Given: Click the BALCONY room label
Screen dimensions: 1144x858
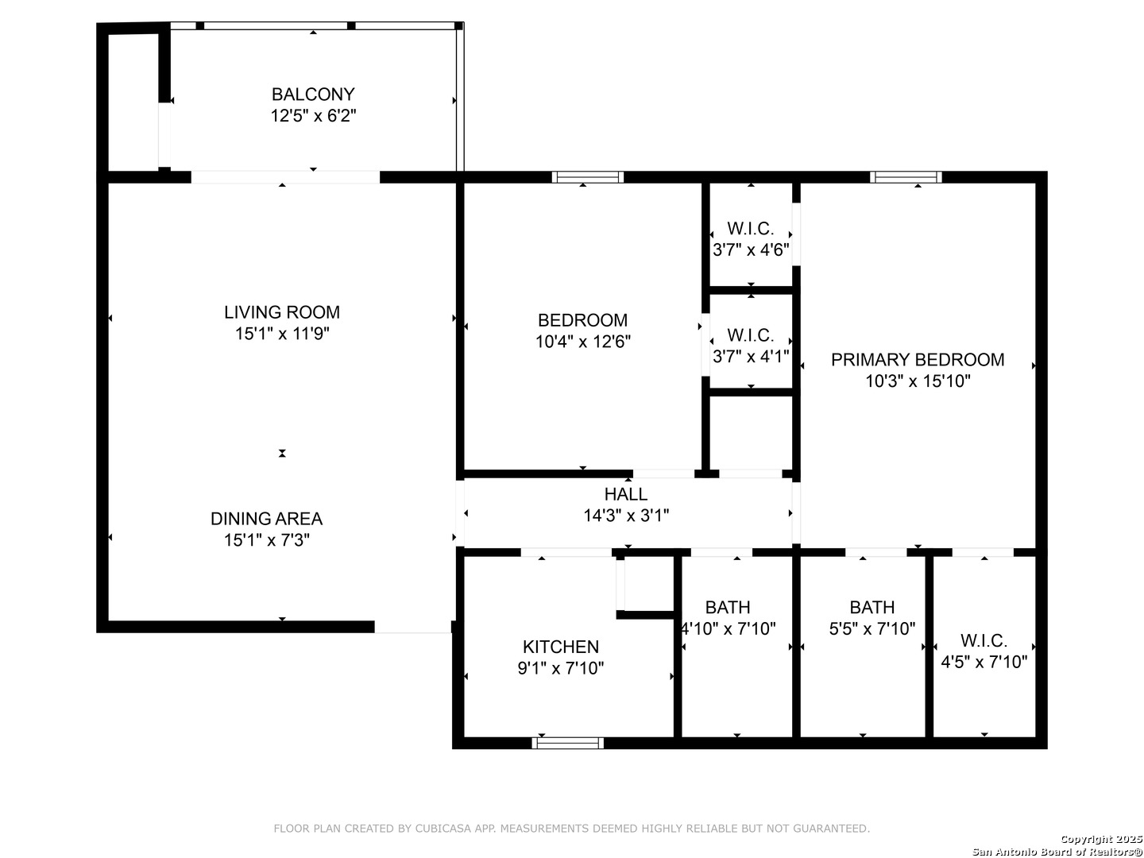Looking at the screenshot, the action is (x=313, y=95).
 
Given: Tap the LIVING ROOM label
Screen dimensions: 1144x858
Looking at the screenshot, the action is (x=282, y=312).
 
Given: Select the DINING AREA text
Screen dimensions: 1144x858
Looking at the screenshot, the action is (x=266, y=518).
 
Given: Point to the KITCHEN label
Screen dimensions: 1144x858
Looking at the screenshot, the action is (x=560, y=647).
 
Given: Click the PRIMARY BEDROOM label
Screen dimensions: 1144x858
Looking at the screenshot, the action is (x=918, y=359).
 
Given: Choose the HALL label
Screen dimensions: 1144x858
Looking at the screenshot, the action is (x=625, y=494).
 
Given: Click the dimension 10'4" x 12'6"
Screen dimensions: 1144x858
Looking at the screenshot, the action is (x=582, y=342).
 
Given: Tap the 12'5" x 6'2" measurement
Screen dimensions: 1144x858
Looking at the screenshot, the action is (x=313, y=116).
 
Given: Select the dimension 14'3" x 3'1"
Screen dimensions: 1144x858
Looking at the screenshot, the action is (x=625, y=516).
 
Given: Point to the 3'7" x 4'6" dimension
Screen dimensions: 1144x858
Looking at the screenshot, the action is (x=751, y=250).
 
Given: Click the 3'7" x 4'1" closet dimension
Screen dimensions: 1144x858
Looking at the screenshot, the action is (x=751, y=357).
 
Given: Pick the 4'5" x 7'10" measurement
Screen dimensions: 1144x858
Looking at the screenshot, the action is (x=984, y=662).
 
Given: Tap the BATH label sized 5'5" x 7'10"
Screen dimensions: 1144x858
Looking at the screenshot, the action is (x=872, y=608).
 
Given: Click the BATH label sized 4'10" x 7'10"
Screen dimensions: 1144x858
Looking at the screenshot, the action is (x=728, y=608).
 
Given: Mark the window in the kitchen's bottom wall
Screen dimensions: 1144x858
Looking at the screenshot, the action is (x=567, y=743).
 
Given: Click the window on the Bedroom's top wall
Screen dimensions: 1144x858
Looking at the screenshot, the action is (x=588, y=177).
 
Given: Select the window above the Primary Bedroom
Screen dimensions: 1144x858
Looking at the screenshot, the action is (x=906, y=177).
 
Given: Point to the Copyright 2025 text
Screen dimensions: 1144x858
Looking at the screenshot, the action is (x=1101, y=839).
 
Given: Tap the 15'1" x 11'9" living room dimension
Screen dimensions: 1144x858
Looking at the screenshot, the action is (x=282, y=334).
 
